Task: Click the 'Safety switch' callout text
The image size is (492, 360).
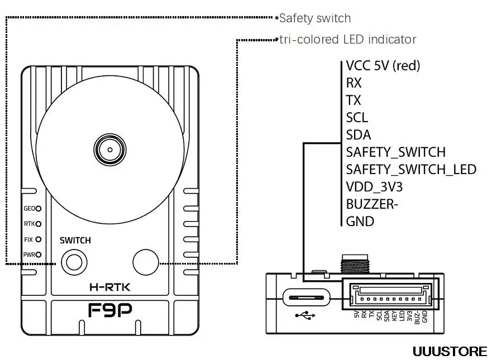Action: (x=315, y=18)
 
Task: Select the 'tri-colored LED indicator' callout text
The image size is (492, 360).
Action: (x=348, y=40)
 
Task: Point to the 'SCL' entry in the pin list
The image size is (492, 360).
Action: (x=357, y=117)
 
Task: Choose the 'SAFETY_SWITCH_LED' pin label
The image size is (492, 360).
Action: (x=411, y=169)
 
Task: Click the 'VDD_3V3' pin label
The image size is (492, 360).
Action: (x=374, y=186)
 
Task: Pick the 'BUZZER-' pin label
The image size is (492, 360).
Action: (x=372, y=204)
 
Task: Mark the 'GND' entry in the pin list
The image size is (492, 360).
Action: (x=360, y=221)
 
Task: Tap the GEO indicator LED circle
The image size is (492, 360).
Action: (x=39, y=209)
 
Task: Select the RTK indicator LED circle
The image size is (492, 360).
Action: (x=39, y=224)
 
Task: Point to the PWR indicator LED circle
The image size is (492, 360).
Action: (x=39, y=255)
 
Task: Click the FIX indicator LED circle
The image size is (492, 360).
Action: (x=39, y=239)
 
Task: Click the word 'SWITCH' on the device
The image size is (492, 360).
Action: (x=75, y=241)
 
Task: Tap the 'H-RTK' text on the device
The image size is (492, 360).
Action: (x=109, y=288)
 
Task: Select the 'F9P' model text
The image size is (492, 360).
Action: (x=109, y=310)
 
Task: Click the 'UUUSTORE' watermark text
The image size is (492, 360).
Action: (x=450, y=351)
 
